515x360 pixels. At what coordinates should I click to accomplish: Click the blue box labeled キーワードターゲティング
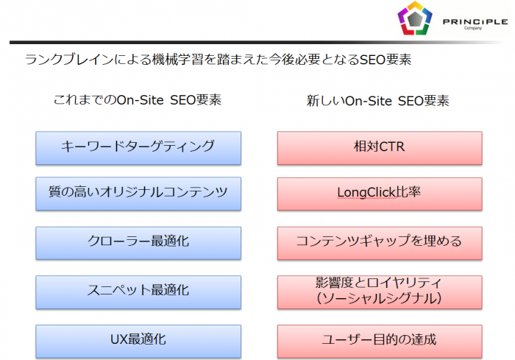pyautogui.click(x=138, y=147)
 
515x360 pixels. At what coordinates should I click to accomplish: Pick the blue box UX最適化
pyautogui.click(x=138, y=340)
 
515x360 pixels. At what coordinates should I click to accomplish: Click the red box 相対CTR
pyautogui.click(x=380, y=147)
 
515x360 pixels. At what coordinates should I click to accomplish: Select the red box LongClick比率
pyautogui.click(x=380, y=194)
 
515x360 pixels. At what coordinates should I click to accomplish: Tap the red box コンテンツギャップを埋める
pyautogui.click(x=380, y=243)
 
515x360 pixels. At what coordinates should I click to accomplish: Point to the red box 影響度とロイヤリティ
pyautogui.click(x=380, y=283)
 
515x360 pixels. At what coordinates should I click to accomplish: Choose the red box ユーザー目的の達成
pyautogui.click(x=380, y=340)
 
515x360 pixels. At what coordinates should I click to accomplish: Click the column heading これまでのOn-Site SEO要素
pyautogui.click(x=138, y=100)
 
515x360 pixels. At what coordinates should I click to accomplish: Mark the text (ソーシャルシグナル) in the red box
pyautogui.click(x=380, y=299)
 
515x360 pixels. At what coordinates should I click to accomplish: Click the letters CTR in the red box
pyautogui.click(x=391, y=147)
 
